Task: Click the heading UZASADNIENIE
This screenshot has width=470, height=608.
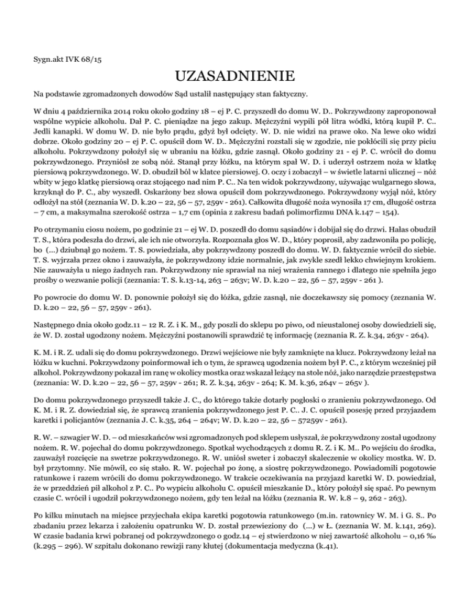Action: point(235,77)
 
